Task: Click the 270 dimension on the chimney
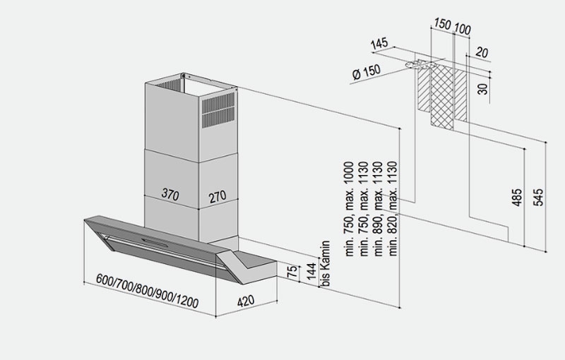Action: [218, 195]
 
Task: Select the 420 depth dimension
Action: [245, 301]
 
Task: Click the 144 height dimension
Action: [309, 272]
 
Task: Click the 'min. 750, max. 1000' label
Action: [348, 210]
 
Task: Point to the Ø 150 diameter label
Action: [364, 72]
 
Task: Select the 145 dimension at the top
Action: [379, 44]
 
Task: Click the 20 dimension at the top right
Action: [482, 52]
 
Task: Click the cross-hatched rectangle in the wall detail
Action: [442, 95]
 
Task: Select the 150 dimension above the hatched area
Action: [441, 25]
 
